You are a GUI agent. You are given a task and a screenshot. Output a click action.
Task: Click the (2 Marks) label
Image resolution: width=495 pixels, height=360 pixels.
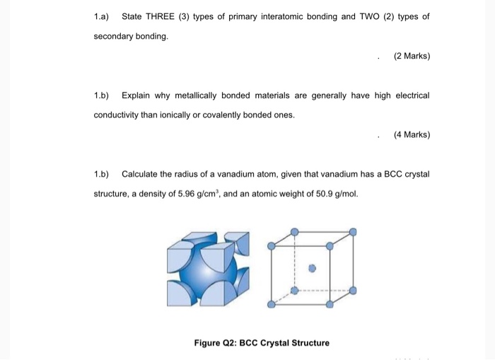412,56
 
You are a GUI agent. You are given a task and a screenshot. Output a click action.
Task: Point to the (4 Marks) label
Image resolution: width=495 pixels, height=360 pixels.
412,134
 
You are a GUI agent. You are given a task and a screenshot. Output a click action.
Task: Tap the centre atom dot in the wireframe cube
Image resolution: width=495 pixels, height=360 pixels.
312,269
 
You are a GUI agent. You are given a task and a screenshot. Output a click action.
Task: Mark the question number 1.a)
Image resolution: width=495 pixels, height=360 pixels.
103,16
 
